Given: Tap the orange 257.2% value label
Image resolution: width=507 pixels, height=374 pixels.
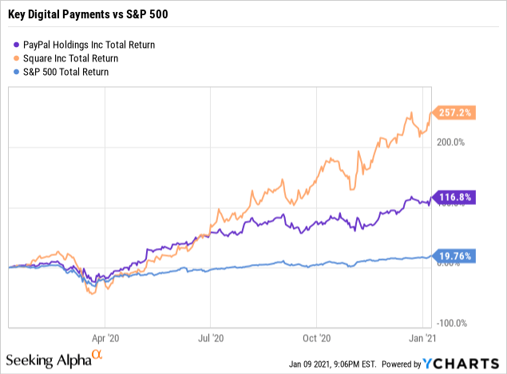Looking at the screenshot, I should (455, 114).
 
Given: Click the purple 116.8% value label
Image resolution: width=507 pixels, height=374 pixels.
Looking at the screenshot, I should (455, 198).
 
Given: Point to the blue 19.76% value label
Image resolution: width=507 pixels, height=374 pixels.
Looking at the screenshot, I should (455, 256).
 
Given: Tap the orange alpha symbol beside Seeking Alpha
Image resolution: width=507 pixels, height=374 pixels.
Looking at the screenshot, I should (97, 353).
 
